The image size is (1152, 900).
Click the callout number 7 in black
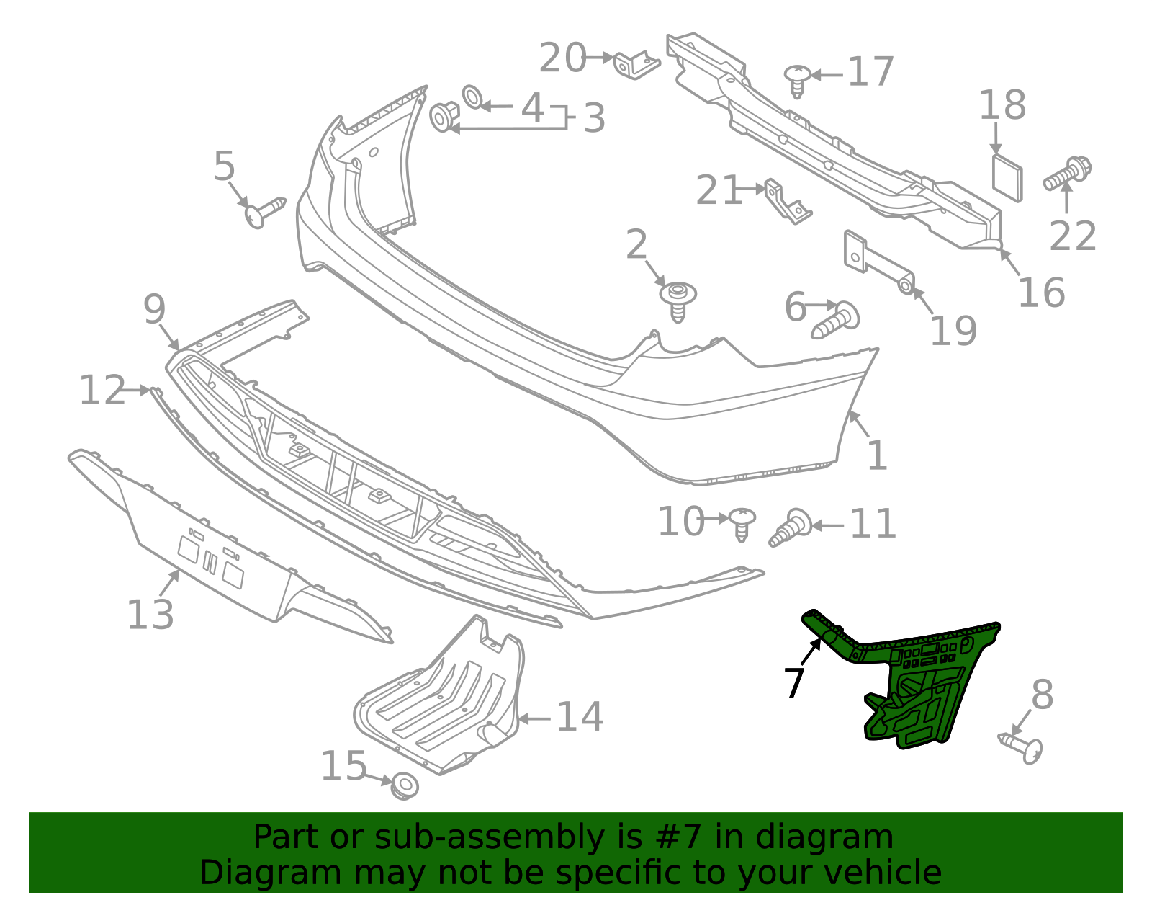point(793,682)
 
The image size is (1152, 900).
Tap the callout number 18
point(1002,105)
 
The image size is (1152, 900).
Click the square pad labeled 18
point(1007,177)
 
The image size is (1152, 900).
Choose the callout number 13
point(150,615)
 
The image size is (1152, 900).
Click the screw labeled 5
point(264,212)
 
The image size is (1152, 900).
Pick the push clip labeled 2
point(678,299)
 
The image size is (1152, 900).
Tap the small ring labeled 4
point(472,97)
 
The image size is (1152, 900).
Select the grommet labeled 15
point(405,785)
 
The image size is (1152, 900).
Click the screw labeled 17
point(797,80)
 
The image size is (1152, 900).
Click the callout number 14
point(580,717)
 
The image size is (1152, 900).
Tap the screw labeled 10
point(742,523)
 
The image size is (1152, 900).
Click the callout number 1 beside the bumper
point(876,455)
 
